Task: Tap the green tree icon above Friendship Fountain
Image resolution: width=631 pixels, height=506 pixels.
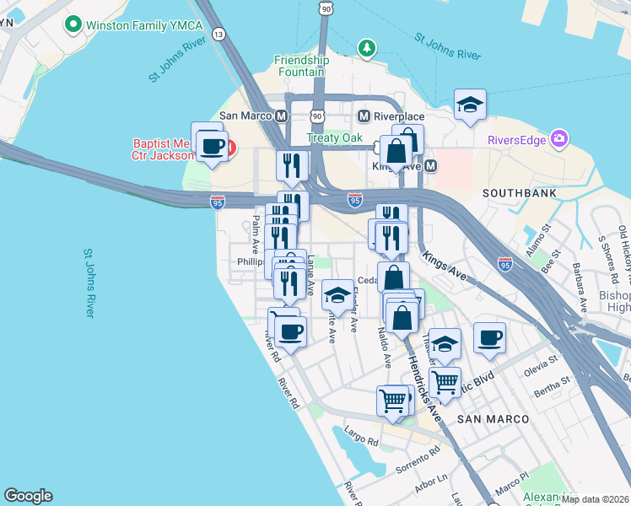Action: (365, 47)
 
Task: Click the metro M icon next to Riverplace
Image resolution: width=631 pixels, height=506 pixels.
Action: (364, 116)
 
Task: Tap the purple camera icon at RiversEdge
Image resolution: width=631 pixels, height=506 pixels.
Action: (558, 138)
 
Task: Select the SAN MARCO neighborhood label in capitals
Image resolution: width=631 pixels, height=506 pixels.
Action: (493, 418)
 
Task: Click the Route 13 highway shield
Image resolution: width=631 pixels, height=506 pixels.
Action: (219, 34)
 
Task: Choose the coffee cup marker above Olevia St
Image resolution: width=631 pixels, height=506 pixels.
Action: (489, 339)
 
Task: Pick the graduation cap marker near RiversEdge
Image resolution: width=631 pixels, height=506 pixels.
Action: (470, 105)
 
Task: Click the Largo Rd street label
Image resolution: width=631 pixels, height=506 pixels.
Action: (361, 439)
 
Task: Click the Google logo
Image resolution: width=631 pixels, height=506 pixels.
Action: (28, 496)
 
